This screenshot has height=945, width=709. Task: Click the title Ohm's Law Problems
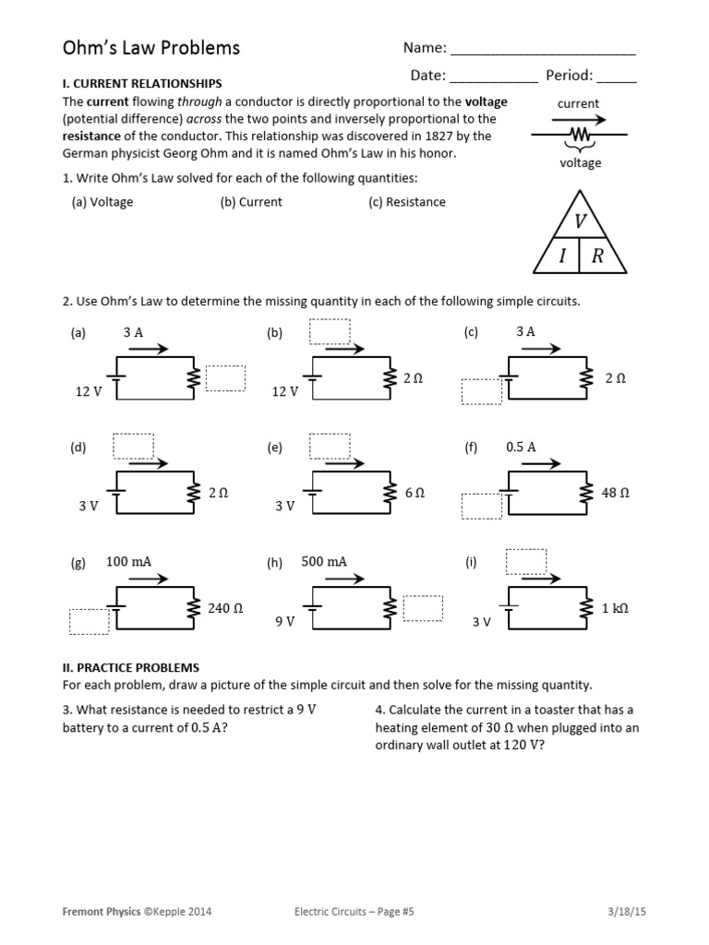[x=150, y=48]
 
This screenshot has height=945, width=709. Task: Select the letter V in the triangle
[x=581, y=221]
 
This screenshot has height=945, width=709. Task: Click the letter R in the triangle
[x=597, y=257]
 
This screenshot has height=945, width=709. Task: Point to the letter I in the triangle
[x=561, y=257]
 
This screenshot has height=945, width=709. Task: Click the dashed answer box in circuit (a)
[x=225, y=378]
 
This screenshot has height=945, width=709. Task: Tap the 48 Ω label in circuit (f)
[x=615, y=493]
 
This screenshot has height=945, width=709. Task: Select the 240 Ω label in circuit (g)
[x=225, y=608]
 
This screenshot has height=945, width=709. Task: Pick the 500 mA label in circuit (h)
[x=324, y=561]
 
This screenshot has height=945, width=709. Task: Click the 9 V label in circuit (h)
[x=284, y=622]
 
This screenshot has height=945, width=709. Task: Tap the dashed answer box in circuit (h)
[x=423, y=608]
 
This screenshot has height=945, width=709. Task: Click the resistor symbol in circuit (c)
[x=585, y=378]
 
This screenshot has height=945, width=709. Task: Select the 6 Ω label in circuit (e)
[x=415, y=493]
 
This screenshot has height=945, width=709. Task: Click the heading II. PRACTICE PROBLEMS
[x=130, y=667]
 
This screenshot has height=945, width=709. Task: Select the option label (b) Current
[x=251, y=202]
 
